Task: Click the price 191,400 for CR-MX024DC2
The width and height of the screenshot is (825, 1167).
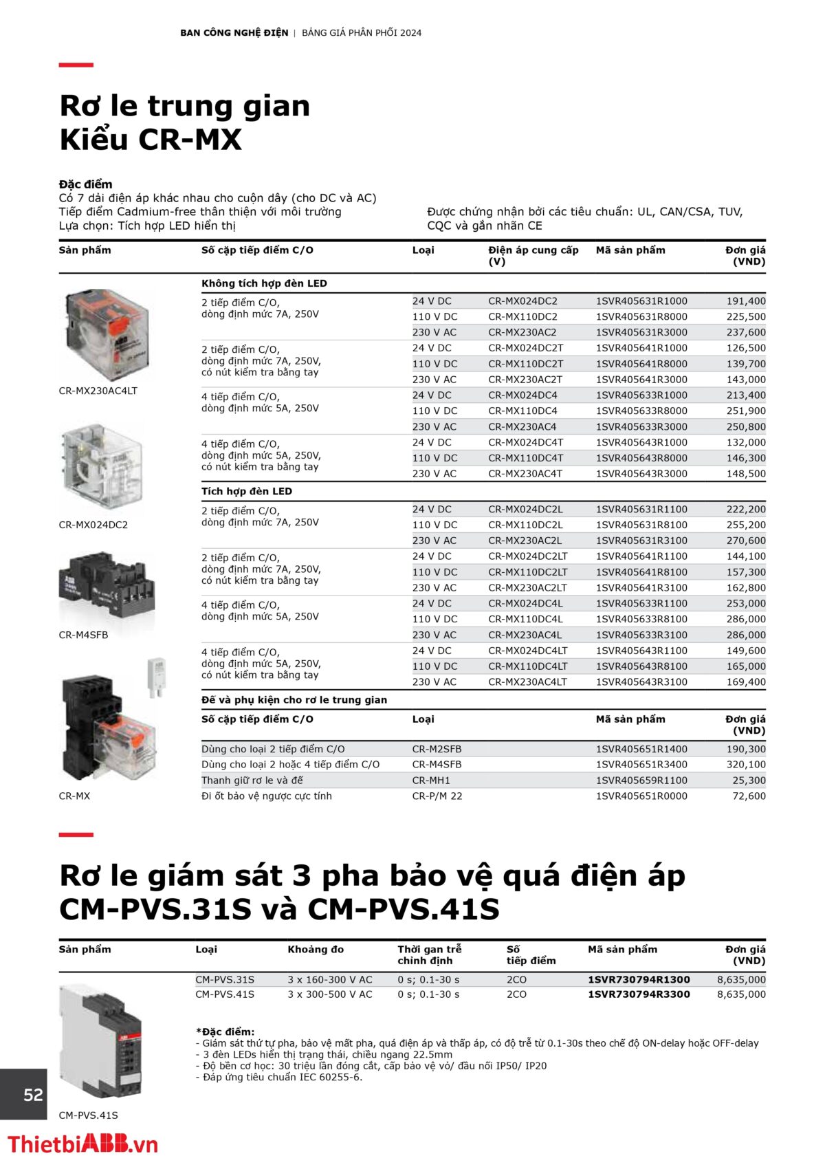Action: coord(745,301)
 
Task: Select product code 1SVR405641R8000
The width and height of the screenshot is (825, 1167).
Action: coord(641,364)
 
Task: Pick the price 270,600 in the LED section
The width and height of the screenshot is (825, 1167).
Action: coord(745,541)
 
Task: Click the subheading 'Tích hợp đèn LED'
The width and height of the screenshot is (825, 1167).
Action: coord(247,491)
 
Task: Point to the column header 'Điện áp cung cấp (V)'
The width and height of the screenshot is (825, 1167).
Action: coord(533,256)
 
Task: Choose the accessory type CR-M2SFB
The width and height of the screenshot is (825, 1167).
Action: coord(437,749)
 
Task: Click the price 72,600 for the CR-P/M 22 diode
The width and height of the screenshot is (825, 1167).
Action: coord(749,796)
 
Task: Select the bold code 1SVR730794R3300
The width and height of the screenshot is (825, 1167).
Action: coord(639,994)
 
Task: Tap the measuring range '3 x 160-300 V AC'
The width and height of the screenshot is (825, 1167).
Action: coord(330,979)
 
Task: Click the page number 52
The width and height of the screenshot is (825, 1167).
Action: coord(33,1095)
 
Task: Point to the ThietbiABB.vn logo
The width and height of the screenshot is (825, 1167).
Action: coord(82,1144)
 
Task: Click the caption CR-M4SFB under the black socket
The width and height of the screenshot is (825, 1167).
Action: coord(83,635)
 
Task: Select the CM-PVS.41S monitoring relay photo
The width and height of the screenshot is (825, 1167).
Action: coord(100,1041)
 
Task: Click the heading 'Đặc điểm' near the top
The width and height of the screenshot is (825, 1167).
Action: coord(85,184)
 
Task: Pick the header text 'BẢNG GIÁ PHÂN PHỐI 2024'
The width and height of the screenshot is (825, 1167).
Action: coord(362,32)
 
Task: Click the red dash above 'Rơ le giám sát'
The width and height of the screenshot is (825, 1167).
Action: coord(76,835)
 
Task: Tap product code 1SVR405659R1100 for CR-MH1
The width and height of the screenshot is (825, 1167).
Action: coord(641,781)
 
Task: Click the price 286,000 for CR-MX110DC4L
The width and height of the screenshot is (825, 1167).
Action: coord(745,619)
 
